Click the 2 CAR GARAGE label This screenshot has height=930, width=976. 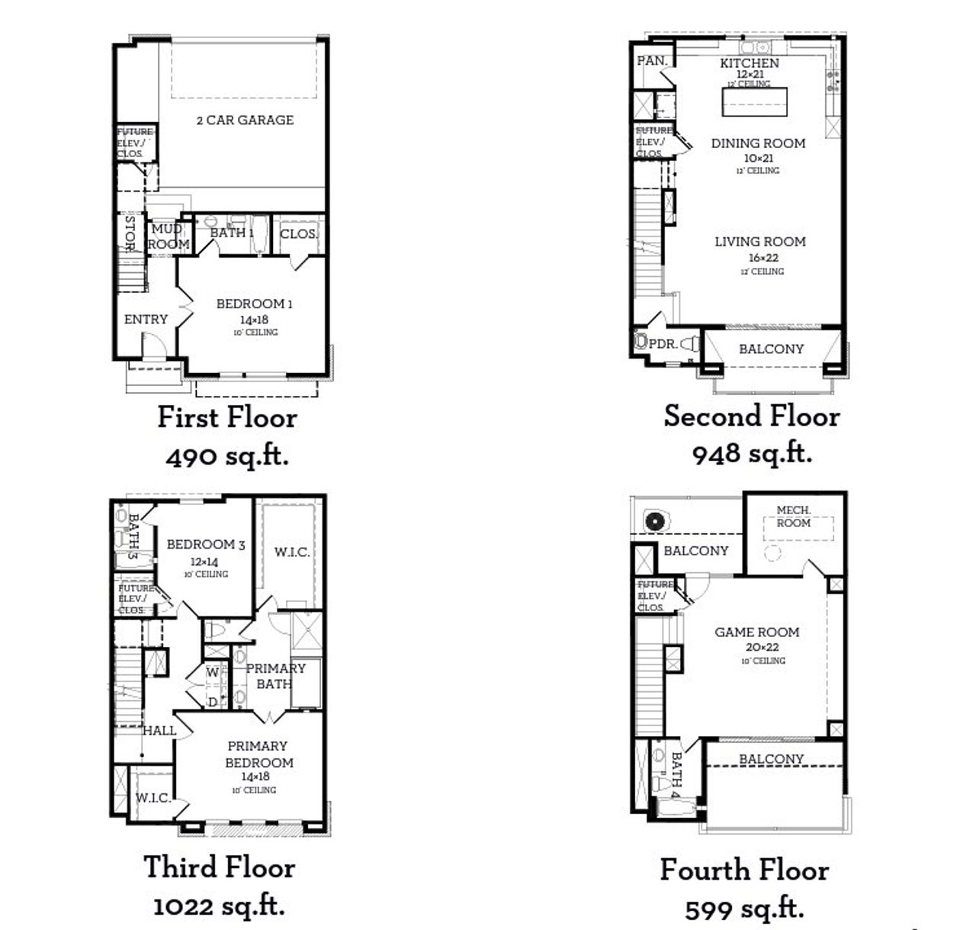click(x=245, y=120)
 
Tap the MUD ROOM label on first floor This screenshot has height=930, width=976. click(x=168, y=237)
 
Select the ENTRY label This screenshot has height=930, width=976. click(x=146, y=320)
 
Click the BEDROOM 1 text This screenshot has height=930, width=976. click(x=254, y=304)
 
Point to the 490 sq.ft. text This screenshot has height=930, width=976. click(x=226, y=457)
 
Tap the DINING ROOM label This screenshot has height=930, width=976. click(x=758, y=143)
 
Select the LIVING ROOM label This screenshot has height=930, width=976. click(x=759, y=242)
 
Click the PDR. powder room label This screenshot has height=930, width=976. click(x=663, y=344)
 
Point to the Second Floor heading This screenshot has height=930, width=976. click(x=751, y=417)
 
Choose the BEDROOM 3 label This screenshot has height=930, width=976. click(x=206, y=545)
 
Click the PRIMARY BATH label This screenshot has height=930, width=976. click(x=274, y=676)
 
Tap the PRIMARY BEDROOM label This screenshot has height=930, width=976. click(x=258, y=754)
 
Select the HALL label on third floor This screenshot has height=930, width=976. click(x=160, y=730)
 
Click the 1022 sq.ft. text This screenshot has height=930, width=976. click(x=219, y=906)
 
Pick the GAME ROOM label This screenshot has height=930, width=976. click(x=757, y=632)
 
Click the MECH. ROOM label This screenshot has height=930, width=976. click(x=793, y=516)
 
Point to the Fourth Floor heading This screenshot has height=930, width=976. click(x=744, y=870)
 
